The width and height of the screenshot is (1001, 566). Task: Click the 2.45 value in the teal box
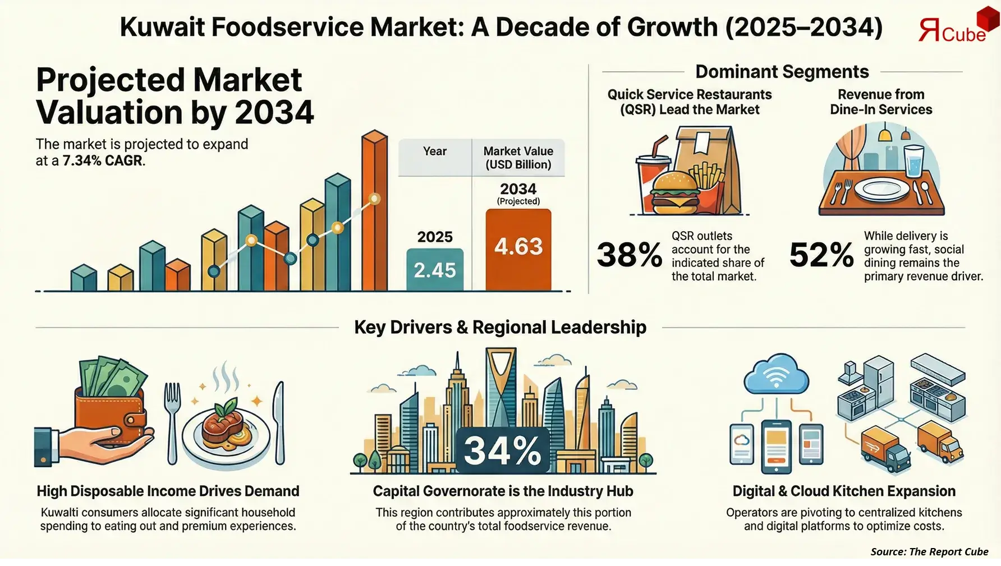click(435, 270)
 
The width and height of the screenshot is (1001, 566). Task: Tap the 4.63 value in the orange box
click(518, 247)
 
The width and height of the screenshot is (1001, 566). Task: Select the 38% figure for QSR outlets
click(629, 255)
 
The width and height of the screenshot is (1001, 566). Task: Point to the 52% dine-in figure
click(821, 255)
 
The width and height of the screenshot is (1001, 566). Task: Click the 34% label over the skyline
click(502, 450)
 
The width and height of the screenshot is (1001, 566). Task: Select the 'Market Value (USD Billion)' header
click(518, 158)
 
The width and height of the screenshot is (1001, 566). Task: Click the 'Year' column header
click(435, 151)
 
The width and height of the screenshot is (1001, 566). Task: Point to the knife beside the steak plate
click(278, 421)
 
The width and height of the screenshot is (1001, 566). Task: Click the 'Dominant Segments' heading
click(782, 72)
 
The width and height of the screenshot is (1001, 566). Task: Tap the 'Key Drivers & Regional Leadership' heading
click(500, 327)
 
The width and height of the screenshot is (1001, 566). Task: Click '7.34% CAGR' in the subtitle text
click(103, 160)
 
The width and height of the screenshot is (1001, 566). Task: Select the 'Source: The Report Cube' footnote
click(929, 551)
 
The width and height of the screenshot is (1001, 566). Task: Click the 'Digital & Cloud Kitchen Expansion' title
click(843, 491)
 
